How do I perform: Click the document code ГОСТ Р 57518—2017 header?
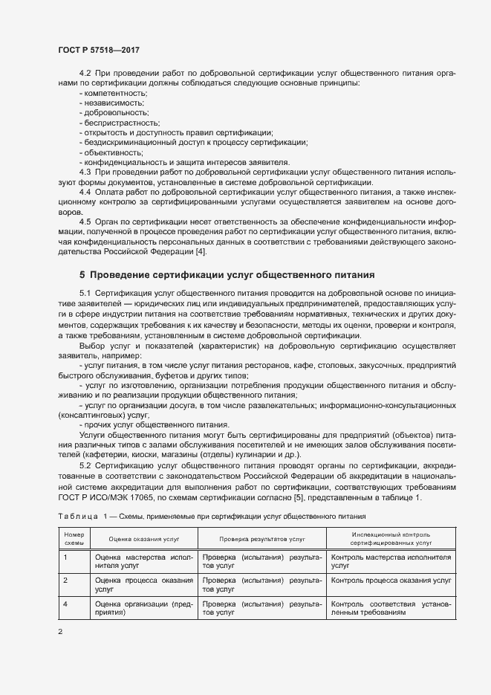(x=98, y=50)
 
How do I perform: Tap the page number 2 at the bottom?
(x=61, y=632)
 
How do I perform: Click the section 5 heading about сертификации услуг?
(x=227, y=275)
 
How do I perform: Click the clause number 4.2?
(x=85, y=73)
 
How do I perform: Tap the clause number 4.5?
(x=85, y=221)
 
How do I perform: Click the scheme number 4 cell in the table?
(x=65, y=604)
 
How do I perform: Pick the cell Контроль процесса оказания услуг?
(x=391, y=579)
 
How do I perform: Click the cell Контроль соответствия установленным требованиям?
(x=391, y=608)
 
